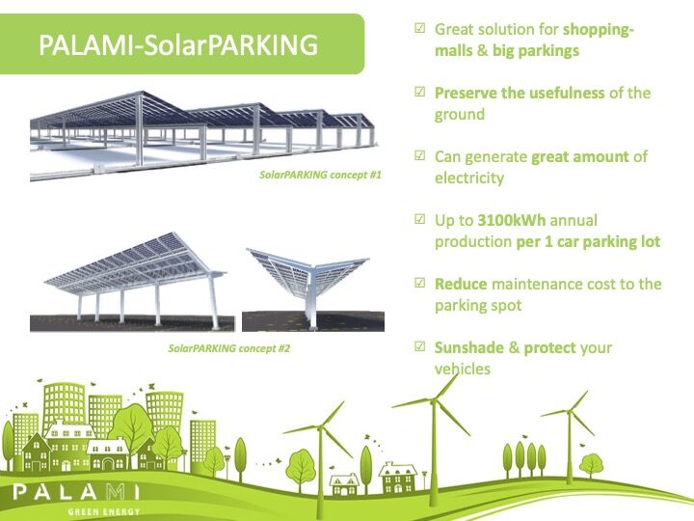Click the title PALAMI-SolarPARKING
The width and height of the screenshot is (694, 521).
(x=178, y=44)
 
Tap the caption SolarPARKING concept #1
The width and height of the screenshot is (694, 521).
(x=320, y=175)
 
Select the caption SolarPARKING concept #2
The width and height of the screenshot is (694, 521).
(x=228, y=348)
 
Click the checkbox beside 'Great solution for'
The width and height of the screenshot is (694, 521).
(x=419, y=28)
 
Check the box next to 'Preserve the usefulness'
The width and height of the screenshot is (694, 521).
(x=419, y=92)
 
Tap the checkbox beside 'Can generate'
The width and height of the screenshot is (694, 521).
(x=419, y=155)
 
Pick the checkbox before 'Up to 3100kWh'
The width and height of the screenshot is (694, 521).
(x=419, y=219)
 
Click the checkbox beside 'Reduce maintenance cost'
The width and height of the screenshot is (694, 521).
(x=419, y=283)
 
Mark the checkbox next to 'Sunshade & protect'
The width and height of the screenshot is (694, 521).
(x=419, y=346)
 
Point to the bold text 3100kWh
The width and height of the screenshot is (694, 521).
(x=511, y=221)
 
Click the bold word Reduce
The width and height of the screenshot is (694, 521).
(x=461, y=284)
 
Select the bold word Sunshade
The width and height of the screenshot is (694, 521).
(x=469, y=347)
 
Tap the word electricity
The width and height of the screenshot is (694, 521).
(x=469, y=178)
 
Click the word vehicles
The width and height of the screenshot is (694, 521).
(x=463, y=369)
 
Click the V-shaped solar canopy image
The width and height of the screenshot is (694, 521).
(x=312, y=289)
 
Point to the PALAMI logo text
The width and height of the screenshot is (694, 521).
(x=76, y=492)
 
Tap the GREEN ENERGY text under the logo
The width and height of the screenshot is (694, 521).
(x=104, y=512)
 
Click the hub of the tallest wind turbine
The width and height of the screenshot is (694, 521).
(x=434, y=401)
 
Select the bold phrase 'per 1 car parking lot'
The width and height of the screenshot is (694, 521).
(x=588, y=242)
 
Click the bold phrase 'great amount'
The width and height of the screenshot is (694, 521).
(x=580, y=157)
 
